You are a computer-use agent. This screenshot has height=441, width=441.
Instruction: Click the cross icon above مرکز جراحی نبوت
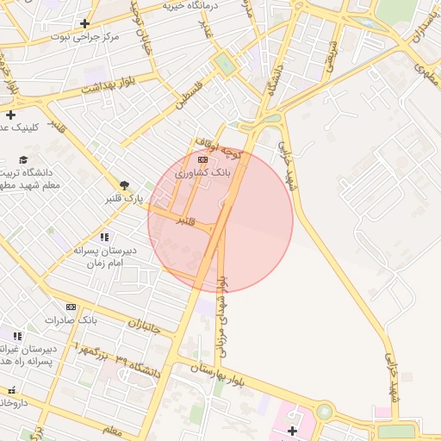click(84, 24)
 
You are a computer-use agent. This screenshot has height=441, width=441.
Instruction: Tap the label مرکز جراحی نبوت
click(84, 37)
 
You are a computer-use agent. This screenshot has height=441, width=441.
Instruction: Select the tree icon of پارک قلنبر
click(125, 185)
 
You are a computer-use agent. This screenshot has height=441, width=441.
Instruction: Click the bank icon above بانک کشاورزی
click(202, 160)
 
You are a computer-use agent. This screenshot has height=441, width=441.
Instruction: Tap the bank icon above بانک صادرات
click(71, 307)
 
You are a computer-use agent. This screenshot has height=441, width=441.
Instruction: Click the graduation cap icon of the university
click(23, 160)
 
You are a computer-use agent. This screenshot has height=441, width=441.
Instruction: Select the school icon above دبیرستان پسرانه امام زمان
click(104, 237)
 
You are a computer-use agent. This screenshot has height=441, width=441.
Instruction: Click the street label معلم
click(112, 429)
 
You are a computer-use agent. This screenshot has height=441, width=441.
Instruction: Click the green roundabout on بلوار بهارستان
click(324, 412)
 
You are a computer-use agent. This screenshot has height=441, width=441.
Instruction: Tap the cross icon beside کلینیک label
click(10, 115)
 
